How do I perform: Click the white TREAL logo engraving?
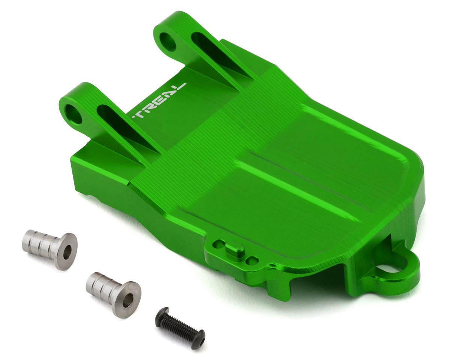pos(159,100)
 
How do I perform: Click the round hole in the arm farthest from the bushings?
pos(168,42)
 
